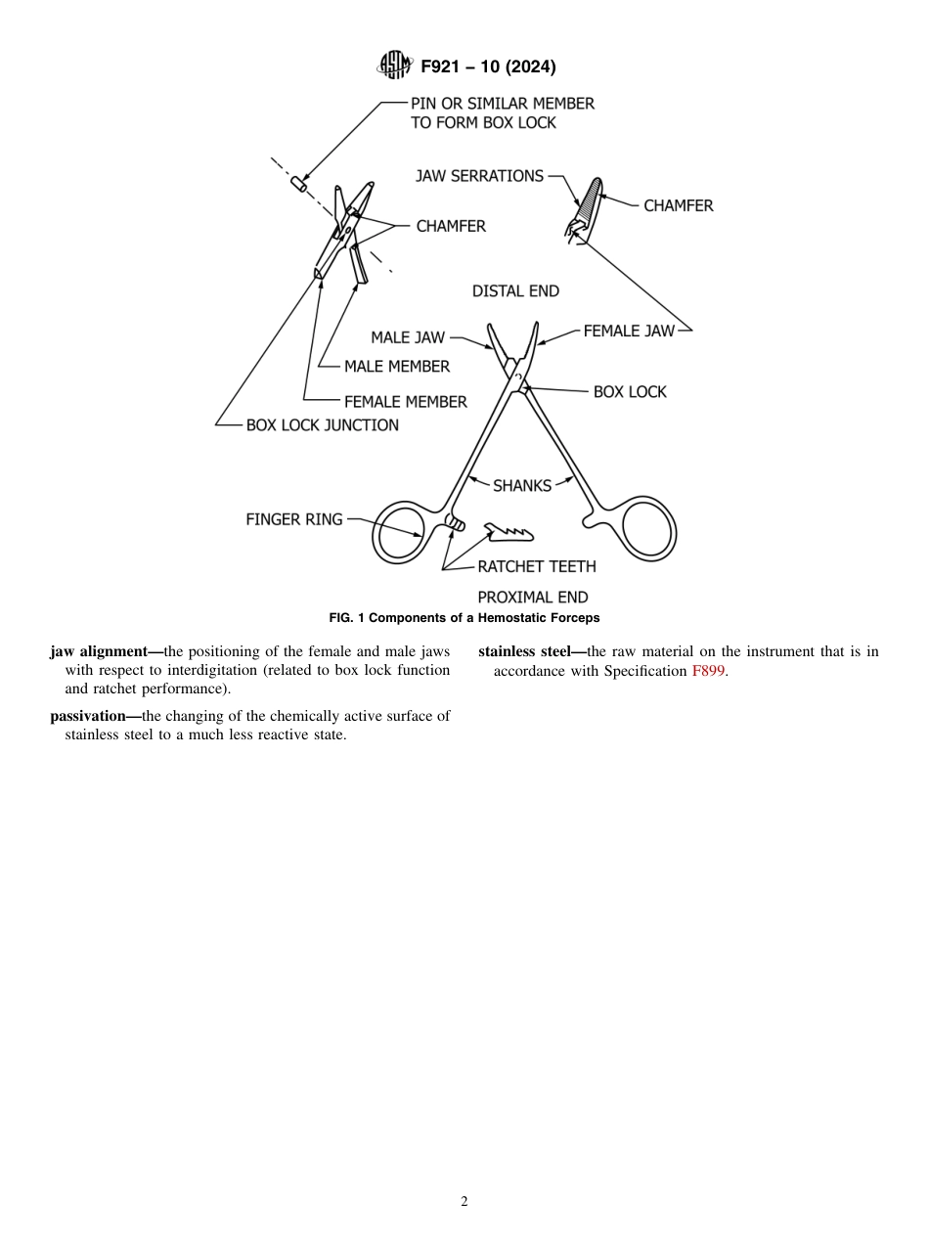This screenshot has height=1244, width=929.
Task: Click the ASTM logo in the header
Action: click(x=396, y=67)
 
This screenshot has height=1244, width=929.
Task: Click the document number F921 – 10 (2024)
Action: click(x=488, y=67)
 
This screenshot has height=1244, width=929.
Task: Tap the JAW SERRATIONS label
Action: click(x=479, y=176)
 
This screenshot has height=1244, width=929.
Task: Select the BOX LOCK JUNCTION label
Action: click(x=322, y=425)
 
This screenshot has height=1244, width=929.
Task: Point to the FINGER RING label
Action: click(x=294, y=519)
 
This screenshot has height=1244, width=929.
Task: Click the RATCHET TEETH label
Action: click(x=536, y=566)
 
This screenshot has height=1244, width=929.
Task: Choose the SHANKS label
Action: click(x=521, y=485)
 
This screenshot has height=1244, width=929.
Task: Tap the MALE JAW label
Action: click(x=407, y=337)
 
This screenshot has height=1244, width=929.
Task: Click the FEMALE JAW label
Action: click(x=629, y=331)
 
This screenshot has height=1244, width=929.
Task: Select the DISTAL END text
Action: click(x=515, y=291)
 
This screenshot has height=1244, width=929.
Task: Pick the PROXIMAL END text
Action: click(x=532, y=597)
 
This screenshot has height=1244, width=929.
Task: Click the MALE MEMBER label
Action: click(x=397, y=367)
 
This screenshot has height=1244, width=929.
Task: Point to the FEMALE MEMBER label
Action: click(x=405, y=401)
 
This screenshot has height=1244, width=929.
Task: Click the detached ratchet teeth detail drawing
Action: click(x=509, y=532)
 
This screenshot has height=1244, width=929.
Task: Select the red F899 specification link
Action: click(x=708, y=672)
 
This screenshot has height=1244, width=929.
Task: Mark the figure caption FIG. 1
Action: click(x=464, y=618)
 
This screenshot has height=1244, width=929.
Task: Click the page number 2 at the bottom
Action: click(x=464, y=1202)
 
